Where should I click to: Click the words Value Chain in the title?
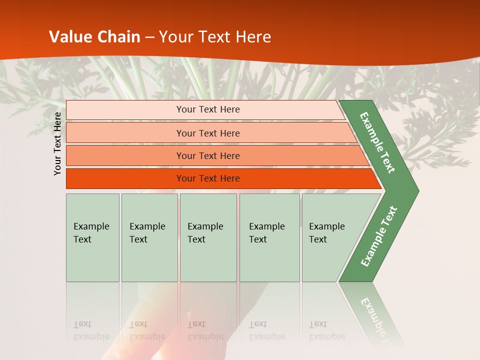tap(94, 37)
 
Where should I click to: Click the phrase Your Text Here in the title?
tap(215, 37)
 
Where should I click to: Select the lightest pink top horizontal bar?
tap(125, 110)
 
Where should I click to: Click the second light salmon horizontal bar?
tap(125, 133)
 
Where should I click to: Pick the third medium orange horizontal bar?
tap(125, 156)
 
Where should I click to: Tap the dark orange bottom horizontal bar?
tap(125, 178)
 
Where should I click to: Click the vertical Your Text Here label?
tap(57, 143)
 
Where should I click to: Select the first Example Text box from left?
tap(92, 237)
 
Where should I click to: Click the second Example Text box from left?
tap(149, 237)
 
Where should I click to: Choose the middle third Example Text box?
tap(208, 237)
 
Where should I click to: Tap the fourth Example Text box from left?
tap(269, 237)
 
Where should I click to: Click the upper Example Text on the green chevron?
tap(377, 143)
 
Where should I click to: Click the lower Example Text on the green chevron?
tap(378, 236)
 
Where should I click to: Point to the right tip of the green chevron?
tap(417, 190)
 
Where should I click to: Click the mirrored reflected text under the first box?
tap(91, 330)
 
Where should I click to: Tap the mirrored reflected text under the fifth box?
tap(326, 330)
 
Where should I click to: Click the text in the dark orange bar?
tap(208, 178)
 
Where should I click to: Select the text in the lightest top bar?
tap(208, 109)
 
